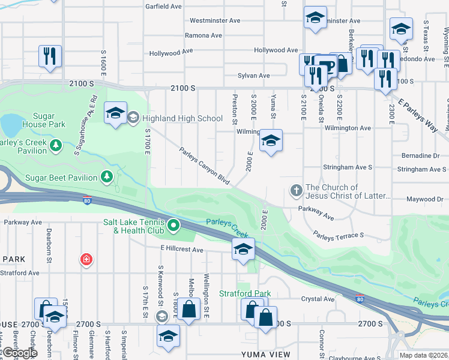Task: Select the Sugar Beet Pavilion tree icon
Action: pos(106,176)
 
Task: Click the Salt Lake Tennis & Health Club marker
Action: pos(173,226)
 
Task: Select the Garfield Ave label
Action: pos(163,7)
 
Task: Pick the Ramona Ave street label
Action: pos(203,35)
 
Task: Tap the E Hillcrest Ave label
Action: pos(182,250)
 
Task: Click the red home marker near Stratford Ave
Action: pos(86,259)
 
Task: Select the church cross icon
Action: pos(296,191)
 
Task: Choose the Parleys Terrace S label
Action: pos(339,235)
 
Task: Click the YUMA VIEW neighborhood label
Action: pos(265,354)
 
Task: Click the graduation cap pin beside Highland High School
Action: pos(115,113)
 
